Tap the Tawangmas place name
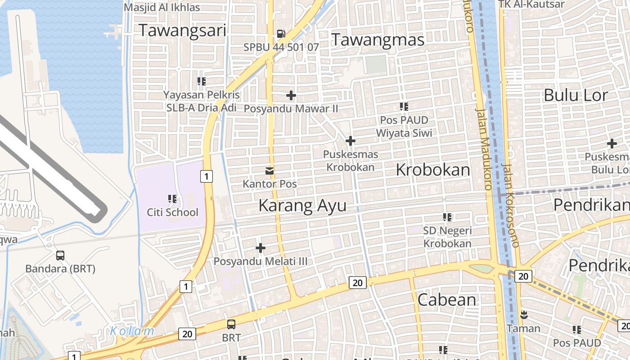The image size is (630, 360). click(378, 40)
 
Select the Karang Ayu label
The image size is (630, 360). click(302, 206)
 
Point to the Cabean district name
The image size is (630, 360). click(447, 300)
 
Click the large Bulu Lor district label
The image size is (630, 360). click(576, 95)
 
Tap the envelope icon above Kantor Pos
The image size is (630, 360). click(270, 171)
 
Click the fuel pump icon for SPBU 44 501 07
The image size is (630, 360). click(281, 33)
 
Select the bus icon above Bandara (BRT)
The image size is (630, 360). click(60, 255)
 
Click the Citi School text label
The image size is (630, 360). click(172, 212)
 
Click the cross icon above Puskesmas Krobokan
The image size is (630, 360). click(350, 141)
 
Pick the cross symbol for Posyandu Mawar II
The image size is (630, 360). click(291, 95)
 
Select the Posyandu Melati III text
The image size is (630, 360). click(260, 261)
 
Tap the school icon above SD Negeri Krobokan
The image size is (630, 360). click(447, 217)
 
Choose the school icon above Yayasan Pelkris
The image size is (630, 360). click(202, 81)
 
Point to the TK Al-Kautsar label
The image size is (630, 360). click(531, 4)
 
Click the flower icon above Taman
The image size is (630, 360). click(524, 314)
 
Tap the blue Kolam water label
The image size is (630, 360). click(132, 331)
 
